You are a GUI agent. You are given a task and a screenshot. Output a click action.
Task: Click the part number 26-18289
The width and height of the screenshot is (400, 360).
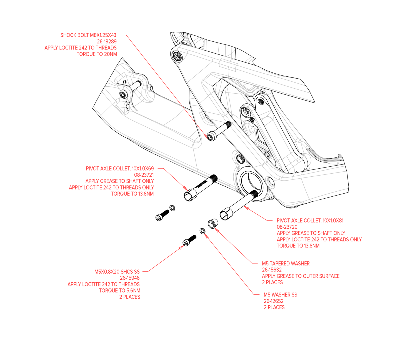107,41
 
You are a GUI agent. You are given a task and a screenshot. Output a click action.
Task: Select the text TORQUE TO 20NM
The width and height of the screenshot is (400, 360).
97,54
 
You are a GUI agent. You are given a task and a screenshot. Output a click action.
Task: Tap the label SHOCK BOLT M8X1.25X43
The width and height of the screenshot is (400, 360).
88,35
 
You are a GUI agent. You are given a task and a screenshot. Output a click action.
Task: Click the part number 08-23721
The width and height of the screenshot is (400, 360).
144,175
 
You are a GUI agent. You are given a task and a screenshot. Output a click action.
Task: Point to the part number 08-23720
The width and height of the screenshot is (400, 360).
287,227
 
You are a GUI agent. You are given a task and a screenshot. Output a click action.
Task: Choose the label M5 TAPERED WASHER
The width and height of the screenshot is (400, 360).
286,263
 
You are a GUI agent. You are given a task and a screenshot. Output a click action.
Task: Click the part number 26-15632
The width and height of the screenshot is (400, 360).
272,270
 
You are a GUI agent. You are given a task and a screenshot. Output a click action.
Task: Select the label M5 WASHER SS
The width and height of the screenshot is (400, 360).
280,294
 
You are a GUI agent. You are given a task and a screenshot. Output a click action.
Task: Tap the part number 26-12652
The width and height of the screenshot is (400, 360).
274,301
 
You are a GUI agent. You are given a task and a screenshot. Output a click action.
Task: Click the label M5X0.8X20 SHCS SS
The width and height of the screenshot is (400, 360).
117,272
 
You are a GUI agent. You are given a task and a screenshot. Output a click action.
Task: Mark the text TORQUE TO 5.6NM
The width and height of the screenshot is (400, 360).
120,290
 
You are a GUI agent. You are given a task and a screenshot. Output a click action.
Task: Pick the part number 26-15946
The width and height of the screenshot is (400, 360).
130,278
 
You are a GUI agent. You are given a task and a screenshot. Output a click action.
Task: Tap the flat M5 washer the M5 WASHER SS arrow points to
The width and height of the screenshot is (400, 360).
202,231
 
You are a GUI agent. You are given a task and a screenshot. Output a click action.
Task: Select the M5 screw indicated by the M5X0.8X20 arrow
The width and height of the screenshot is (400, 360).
189,241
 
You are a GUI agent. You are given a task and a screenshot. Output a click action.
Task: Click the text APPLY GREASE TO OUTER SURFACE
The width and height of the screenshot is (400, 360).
301,276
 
